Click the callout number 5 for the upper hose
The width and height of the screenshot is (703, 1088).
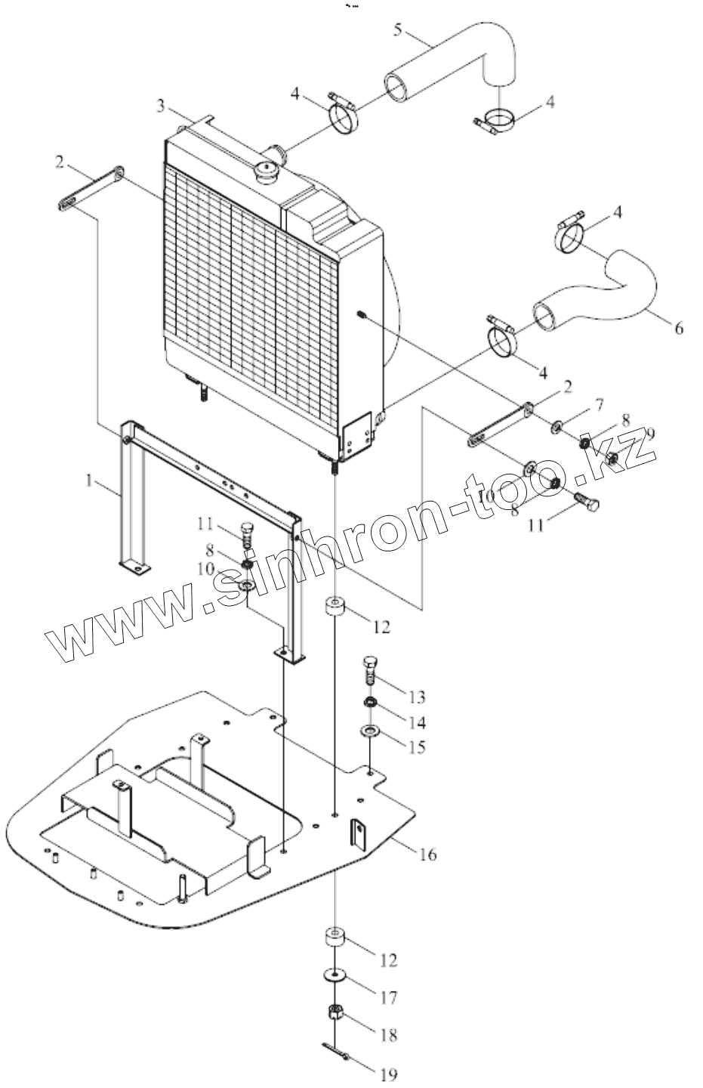(x=399, y=31)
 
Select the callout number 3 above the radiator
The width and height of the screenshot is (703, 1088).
(x=160, y=106)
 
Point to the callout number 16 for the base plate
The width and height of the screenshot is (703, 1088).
(x=427, y=855)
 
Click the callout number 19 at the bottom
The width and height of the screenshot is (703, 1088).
(x=389, y=1074)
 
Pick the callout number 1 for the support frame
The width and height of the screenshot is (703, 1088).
(x=88, y=480)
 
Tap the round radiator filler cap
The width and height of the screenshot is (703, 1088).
(x=268, y=171)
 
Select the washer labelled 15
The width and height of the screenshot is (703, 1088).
(x=370, y=731)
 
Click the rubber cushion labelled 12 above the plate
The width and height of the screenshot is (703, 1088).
(x=335, y=607)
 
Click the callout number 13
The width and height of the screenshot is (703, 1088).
(x=416, y=697)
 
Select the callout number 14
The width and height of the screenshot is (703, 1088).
(x=416, y=722)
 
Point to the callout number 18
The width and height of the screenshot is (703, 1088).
(x=388, y=1034)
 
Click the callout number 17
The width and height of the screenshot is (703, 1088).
(x=388, y=998)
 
